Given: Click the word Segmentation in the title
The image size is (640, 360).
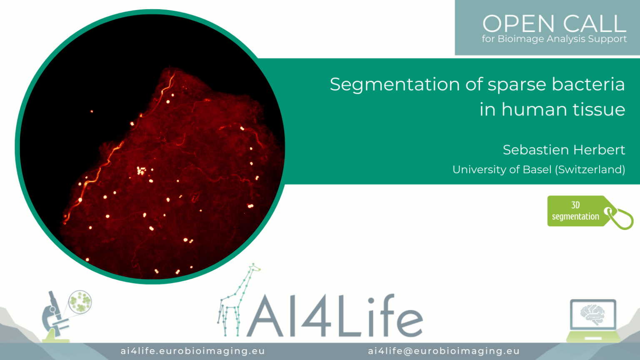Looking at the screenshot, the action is click(x=395, y=85).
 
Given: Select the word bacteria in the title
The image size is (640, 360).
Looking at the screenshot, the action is click(x=588, y=84).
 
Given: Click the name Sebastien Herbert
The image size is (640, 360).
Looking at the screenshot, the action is click(x=564, y=150).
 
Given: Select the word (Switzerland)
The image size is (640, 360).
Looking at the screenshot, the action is click(x=590, y=170).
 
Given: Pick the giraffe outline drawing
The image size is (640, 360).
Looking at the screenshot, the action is click(x=239, y=300).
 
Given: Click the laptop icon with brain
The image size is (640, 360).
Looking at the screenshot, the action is click(x=593, y=320).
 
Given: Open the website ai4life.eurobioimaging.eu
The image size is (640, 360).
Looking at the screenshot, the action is click(x=192, y=351).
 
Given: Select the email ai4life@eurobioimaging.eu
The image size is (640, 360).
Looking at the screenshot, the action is click(x=443, y=351).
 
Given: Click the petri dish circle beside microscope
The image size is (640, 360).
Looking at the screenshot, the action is click(x=80, y=302).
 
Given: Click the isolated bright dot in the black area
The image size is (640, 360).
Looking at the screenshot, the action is click(x=92, y=111).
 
